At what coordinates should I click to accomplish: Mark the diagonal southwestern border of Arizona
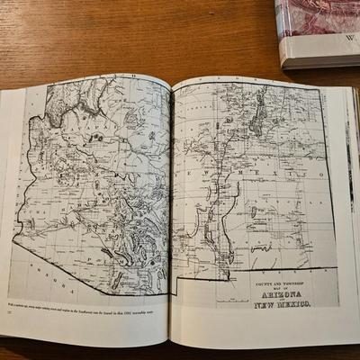(72, 261)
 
